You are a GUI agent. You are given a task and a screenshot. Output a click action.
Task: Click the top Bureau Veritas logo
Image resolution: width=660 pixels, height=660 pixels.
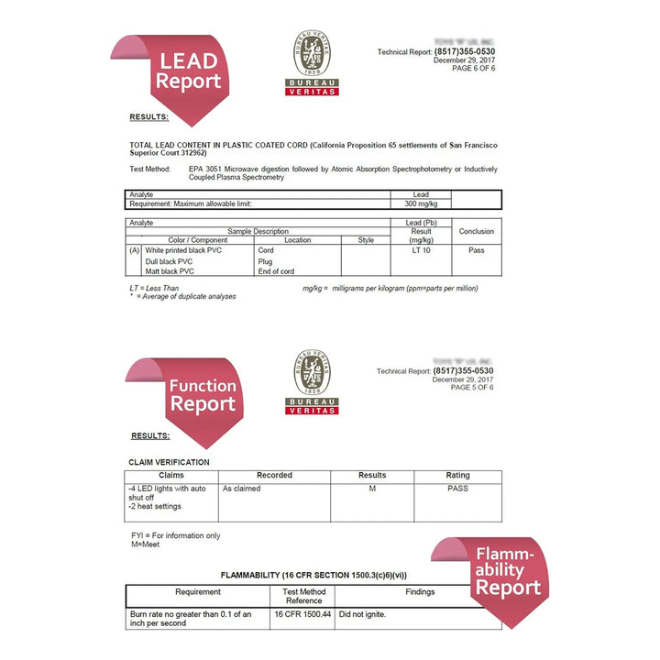(313, 62)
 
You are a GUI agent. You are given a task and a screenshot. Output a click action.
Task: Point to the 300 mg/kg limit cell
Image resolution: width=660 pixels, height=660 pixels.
(421, 203)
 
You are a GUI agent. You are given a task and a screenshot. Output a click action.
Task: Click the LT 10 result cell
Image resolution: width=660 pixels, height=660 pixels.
(421, 250)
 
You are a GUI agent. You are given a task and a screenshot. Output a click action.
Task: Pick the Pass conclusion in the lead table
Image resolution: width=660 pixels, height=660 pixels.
(476, 250)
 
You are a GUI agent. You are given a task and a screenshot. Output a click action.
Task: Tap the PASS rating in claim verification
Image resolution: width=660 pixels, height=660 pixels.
(457, 489)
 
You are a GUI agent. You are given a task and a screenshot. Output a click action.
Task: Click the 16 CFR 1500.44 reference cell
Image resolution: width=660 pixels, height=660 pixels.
(303, 613)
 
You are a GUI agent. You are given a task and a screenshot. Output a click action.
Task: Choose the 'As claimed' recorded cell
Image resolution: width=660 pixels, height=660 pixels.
(242, 489)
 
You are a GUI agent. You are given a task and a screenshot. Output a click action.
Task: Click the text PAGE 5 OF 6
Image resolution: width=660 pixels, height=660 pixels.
(472, 388)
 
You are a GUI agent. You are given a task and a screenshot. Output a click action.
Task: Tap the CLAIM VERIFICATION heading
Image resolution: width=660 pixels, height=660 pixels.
(170, 462)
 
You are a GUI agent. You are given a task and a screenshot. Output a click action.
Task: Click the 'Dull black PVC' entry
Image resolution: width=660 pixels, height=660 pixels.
(170, 261)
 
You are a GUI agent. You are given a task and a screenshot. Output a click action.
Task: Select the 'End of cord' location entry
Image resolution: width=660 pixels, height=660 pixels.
(277, 271)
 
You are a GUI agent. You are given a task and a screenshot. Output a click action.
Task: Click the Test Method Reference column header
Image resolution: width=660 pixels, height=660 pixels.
(303, 597)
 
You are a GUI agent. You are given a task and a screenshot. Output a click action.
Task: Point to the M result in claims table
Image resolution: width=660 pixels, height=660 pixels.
(371, 489)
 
